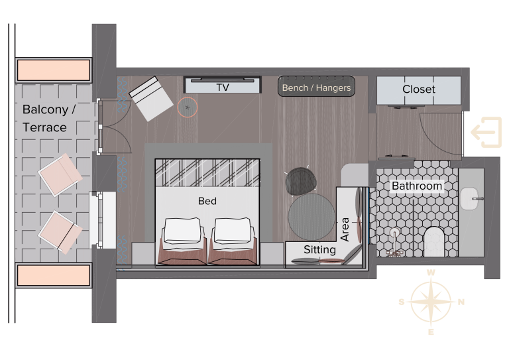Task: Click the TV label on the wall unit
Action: click(223, 88)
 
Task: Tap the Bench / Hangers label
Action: click(316, 88)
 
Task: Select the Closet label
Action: click(419, 90)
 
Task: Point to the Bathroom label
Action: click(417, 186)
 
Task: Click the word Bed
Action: click(207, 201)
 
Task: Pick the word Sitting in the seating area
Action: click(319, 250)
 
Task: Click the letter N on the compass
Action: click(461, 302)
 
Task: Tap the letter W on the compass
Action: click(431, 272)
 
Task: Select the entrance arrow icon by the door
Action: click(486, 133)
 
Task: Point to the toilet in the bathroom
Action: click(434, 241)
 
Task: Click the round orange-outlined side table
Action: click(188, 107)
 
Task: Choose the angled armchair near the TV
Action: click(151, 99)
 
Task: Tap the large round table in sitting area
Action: click(311, 217)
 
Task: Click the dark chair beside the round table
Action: click(301, 181)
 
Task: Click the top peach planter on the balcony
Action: click(54, 70)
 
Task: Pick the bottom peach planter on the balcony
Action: click(54, 275)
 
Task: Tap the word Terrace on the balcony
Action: click(44, 127)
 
